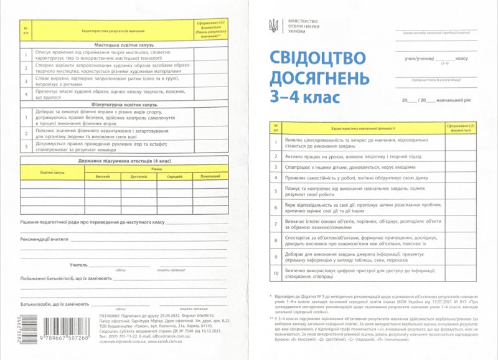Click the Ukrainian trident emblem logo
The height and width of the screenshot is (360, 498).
pyautogui.click(x=273, y=26)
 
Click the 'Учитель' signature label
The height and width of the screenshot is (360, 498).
pyautogui.click(x=78, y=265)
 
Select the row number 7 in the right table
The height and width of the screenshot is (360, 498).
pyautogui.click(x=275, y=222)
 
